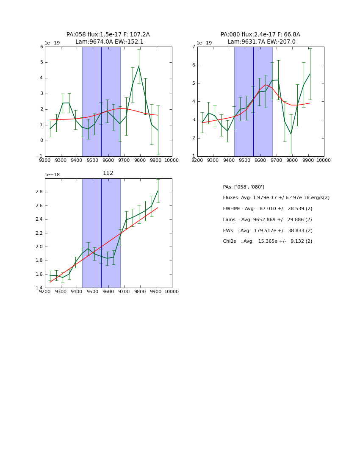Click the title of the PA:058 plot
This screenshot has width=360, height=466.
point(108,38)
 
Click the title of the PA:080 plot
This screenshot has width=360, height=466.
point(260,38)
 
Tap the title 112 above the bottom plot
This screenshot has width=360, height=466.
point(108,173)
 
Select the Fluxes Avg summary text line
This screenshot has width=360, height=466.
point(276,198)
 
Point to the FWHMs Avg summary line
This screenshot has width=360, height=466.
point(267,209)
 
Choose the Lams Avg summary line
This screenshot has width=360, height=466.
point(267,220)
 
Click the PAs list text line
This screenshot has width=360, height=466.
point(243,187)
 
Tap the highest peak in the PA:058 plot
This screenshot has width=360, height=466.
point(138,66)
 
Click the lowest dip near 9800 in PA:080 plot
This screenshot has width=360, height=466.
point(291,134)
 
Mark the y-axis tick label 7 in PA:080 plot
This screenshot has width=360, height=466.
point(193,47)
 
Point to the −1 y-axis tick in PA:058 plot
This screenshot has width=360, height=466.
point(40,156)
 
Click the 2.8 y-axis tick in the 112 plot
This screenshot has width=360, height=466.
point(39,192)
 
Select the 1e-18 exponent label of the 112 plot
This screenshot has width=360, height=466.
point(53,175)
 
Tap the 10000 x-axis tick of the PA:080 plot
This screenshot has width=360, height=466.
point(324,161)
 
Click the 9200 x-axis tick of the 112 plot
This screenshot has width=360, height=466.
point(45,292)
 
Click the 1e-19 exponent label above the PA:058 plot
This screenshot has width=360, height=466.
point(53,43)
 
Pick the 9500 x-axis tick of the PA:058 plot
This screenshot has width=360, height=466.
point(92,161)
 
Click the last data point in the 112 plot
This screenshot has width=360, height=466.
point(158,191)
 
